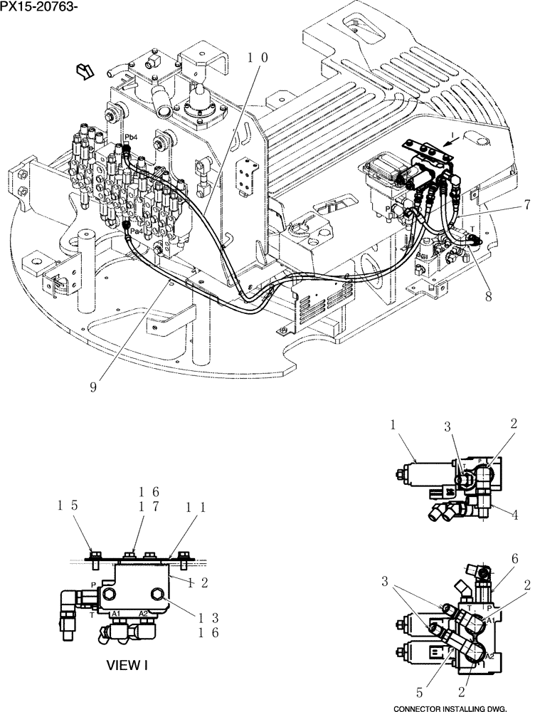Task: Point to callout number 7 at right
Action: tap(526, 205)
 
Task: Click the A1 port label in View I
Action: tap(117, 613)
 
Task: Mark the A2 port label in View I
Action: tap(144, 613)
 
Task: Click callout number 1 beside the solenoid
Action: tap(392, 425)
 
